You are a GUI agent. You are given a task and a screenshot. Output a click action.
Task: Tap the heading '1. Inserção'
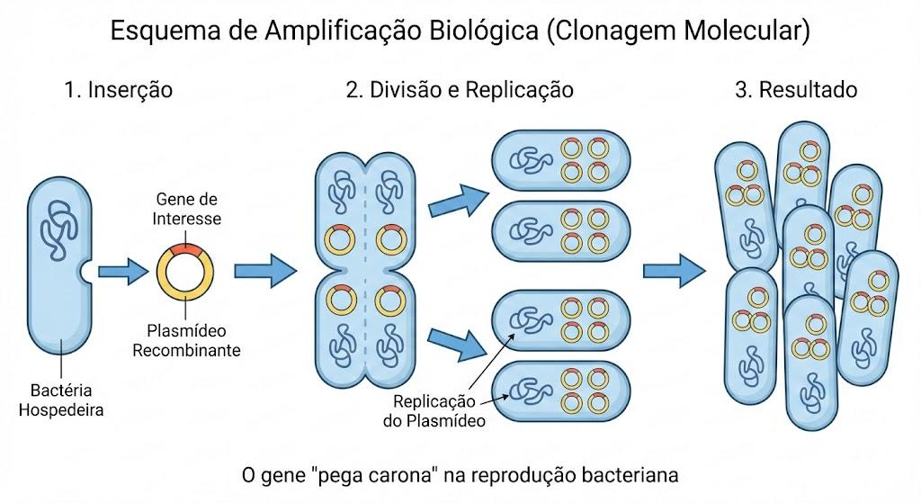(x=119, y=90)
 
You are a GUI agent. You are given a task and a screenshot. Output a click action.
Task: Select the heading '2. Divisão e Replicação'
(x=460, y=90)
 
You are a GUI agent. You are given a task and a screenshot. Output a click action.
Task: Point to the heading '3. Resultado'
(x=796, y=90)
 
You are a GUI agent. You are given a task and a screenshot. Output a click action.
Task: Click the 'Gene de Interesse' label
(x=187, y=209)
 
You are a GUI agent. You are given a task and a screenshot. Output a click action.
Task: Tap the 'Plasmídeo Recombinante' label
(x=186, y=341)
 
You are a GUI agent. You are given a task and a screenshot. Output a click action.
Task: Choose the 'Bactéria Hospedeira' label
(x=61, y=400)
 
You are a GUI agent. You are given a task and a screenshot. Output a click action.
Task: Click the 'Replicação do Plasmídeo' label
(x=434, y=411)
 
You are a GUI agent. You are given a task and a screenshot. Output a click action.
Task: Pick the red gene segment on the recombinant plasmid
(x=185, y=250)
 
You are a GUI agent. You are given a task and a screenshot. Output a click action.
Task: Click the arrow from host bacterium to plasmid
(x=122, y=272)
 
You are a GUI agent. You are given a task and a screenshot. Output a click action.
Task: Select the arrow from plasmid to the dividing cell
(x=265, y=271)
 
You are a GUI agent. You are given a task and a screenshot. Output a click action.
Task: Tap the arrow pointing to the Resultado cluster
(x=675, y=271)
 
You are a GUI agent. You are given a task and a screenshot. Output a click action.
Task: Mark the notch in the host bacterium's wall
(x=85, y=272)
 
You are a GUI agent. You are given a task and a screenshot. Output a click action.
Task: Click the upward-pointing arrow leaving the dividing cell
(x=459, y=200)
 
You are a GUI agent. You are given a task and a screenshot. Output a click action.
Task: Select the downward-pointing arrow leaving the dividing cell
(x=457, y=345)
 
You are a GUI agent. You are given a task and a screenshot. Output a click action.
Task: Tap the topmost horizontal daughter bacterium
(x=561, y=160)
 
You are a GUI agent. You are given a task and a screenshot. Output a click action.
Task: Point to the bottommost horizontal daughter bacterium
(x=561, y=391)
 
